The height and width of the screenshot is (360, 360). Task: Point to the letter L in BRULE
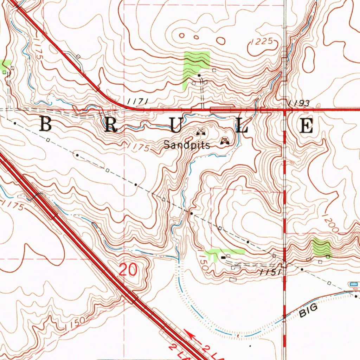(242, 126)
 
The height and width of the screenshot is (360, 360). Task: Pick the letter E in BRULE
(307, 126)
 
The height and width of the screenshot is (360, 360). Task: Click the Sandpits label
(187, 145)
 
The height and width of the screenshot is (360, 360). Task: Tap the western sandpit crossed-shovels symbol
(201, 132)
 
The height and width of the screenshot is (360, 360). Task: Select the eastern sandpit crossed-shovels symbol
(225, 141)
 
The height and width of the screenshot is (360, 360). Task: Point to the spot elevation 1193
(298, 103)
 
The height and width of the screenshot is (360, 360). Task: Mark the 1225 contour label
(262, 42)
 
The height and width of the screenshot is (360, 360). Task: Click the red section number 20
(128, 270)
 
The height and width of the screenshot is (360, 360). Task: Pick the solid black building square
(223, 258)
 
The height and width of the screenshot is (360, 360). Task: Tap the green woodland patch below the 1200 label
(322, 247)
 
